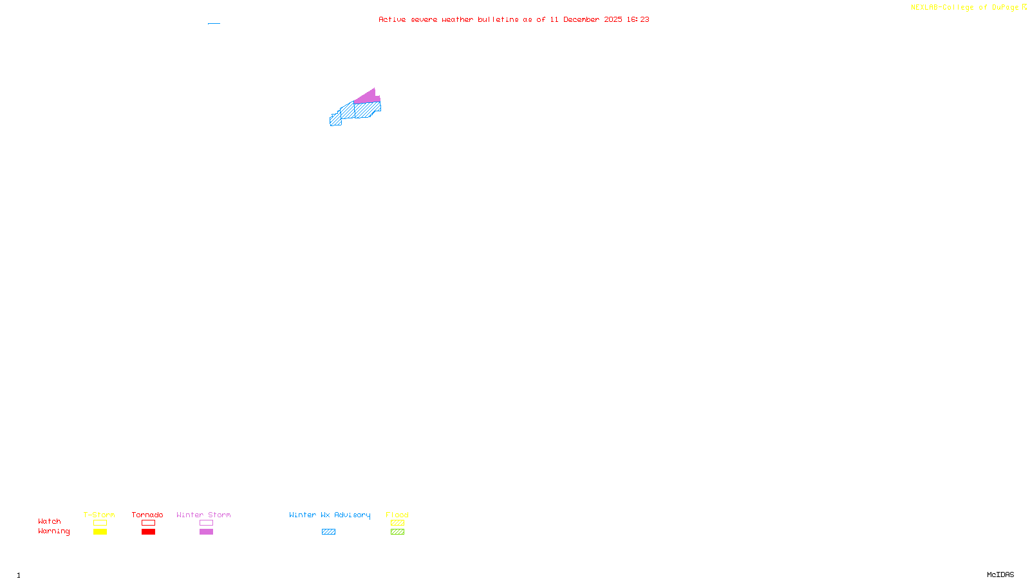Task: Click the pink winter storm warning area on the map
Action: [368, 97]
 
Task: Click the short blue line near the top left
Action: [214, 24]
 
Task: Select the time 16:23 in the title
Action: [638, 19]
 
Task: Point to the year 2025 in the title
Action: [613, 19]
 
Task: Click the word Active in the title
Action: [392, 19]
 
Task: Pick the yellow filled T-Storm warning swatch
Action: [100, 532]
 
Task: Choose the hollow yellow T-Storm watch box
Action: [100, 523]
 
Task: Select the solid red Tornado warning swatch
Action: [148, 532]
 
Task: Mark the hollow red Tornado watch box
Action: [148, 523]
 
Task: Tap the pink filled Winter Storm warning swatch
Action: [206, 532]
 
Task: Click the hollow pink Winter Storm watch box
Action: [206, 523]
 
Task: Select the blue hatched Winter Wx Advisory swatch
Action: [328, 532]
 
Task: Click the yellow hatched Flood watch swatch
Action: [397, 523]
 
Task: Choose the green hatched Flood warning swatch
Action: [397, 532]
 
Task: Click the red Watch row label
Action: [50, 522]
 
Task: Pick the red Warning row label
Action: [54, 531]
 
